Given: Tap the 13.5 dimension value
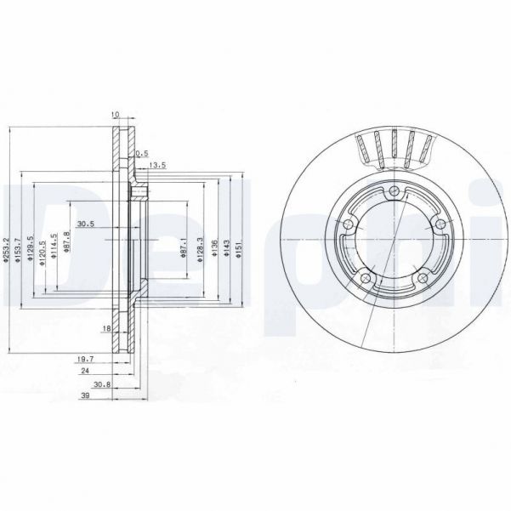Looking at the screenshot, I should click(156, 164).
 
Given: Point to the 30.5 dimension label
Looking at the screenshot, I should click(85, 224).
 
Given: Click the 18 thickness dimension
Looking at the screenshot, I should click(107, 327).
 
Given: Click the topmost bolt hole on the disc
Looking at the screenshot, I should click(395, 190).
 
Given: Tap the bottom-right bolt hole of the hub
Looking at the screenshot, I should click(423, 276).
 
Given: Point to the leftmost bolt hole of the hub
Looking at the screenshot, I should click(349, 224).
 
